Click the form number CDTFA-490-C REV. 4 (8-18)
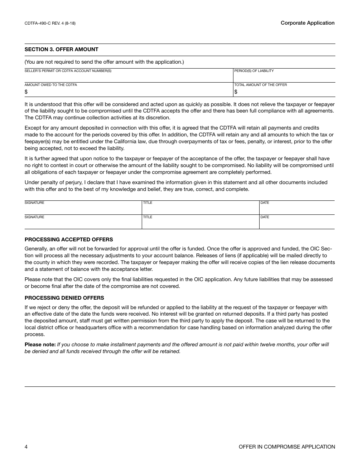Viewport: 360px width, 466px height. pyautogui.click(x=50, y=23)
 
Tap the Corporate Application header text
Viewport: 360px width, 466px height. pyautogui.click(x=307, y=23)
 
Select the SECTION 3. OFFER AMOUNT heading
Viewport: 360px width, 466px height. pyautogui.click(x=61, y=49)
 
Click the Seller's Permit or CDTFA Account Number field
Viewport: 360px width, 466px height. pyautogui.click(x=128, y=77)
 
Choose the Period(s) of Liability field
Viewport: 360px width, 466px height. pyautogui.click(x=284, y=77)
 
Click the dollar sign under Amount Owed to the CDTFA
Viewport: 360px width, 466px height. pyautogui.click(x=26, y=92)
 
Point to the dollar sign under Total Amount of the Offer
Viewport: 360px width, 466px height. pyautogui.click(x=236, y=92)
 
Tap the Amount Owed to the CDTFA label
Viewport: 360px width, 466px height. pyautogui.click(x=51, y=85)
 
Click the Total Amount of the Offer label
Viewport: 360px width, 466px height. pyautogui.click(x=260, y=85)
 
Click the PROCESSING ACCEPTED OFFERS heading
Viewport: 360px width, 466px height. pyautogui.click(x=69, y=239)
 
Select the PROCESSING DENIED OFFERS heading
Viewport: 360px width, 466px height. pyautogui.click(x=64, y=298)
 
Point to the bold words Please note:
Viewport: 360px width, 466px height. pyautogui.click(x=40, y=344)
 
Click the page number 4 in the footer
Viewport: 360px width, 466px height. pyautogui.click(x=26, y=447)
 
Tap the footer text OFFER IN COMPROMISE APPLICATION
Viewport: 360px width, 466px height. pyautogui.click(x=287, y=447)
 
